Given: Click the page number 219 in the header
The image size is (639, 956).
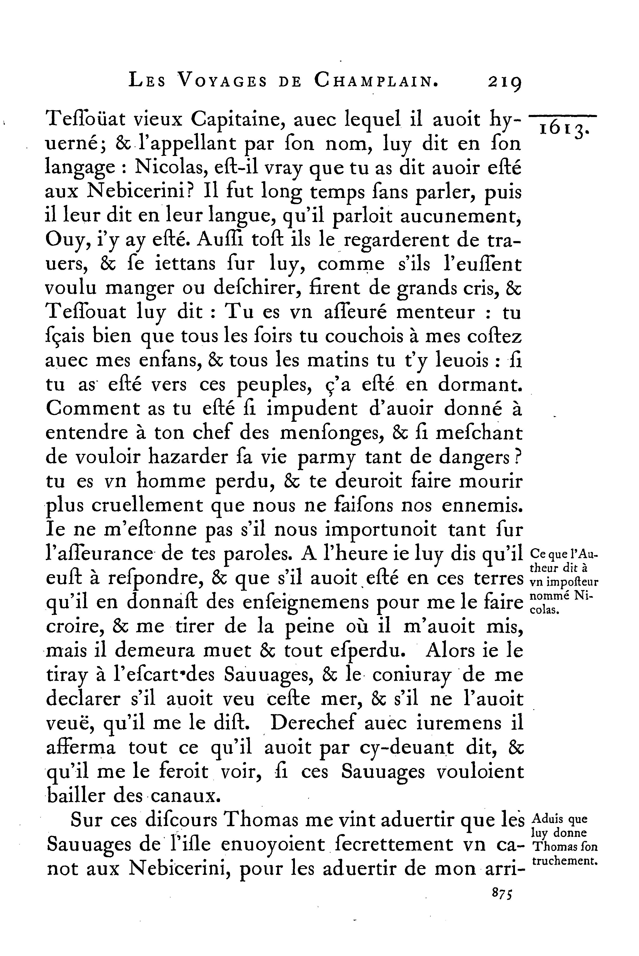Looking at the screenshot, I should [505, 83].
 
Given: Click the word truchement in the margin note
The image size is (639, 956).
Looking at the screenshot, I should [564, 861].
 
